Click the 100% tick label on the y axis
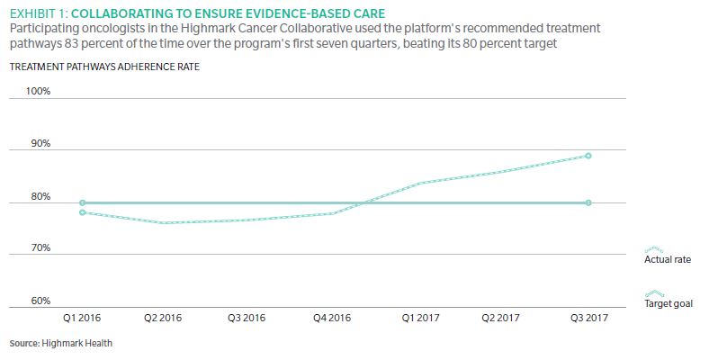[x=40, y=92]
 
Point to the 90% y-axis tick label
[x=41, y=144]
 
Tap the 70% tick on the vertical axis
[x=41, y=248]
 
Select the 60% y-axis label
[x=41, y=301]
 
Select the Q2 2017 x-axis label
[x=502, y=319]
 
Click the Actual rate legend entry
[x=667, y=259]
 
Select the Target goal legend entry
[x=669, y=303]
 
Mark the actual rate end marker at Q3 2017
[x=588, y=156]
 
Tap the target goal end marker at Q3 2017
[x=588, y=202]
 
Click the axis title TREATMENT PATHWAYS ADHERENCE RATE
[x=104, y=67]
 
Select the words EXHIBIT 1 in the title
[x=33, y=13]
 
